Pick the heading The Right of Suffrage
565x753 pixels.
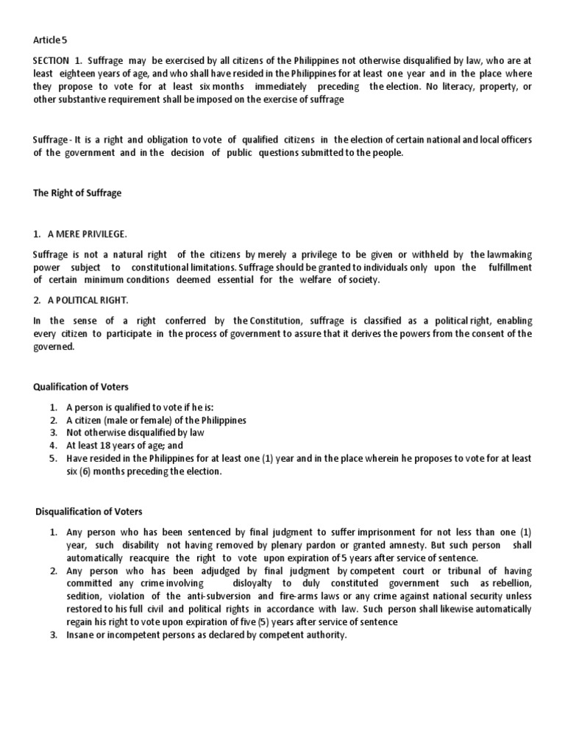tap(77, 193)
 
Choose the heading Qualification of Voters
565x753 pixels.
tap(80, 387)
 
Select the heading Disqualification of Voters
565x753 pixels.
tap(89, 512)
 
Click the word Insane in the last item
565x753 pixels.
tap(80, 635)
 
